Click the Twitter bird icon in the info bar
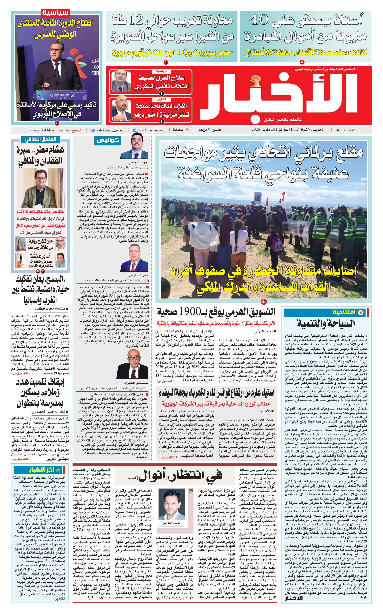tap(93, 130)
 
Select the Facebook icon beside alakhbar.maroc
tap(134, 130)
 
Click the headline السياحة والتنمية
tap(326, 323)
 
